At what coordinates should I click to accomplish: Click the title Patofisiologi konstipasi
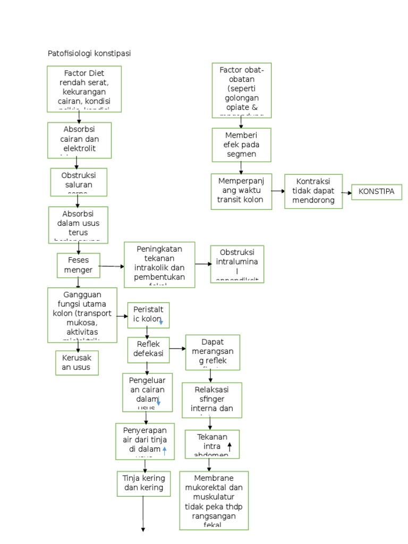tap(90, 53)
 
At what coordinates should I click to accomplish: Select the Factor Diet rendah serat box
tap(84, 88)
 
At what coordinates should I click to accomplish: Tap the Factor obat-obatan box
tap(241, 90)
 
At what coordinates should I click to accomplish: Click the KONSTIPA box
tap(377, 192)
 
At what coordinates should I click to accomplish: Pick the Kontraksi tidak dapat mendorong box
tap(313, 191)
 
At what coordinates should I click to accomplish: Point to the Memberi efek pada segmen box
tap(241, 144)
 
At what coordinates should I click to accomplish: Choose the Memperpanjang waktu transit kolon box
tap(241, 191)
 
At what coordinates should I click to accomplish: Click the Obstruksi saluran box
tap(79, 182)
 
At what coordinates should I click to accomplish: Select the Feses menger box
tap(78, 265)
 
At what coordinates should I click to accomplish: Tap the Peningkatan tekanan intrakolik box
tap(159, 265)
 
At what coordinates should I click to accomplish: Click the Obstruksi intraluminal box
tap(237, 263)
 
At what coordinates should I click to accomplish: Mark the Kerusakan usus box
tap(77, 362)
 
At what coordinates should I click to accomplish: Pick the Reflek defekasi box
tap(148, 349)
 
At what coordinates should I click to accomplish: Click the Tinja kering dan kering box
tap(143, 483)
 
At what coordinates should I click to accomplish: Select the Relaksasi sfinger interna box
tap(211, 399)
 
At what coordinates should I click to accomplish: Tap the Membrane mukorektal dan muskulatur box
tap(214, 500)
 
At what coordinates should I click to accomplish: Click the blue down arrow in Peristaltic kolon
tap(161, 322)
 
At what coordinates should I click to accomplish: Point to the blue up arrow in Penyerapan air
tap(164, 451)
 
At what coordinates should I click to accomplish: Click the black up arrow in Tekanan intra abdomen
tap(229, 447)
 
